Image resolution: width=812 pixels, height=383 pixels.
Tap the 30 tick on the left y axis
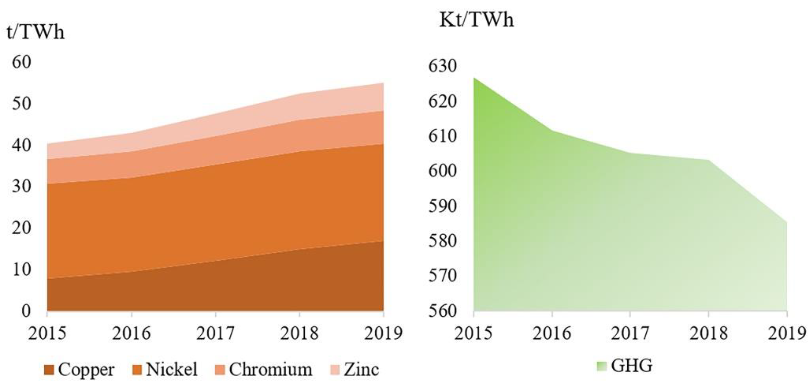[x=22, y=186]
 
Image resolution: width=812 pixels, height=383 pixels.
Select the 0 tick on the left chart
[x=26, y=311]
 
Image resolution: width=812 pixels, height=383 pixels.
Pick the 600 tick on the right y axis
[x=442, y=171]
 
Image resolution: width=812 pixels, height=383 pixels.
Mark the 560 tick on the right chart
[x=442, y=311]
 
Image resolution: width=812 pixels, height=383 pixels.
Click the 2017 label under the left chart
[x=216, y=333]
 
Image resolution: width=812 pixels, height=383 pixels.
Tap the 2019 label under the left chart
[x=383, y=333]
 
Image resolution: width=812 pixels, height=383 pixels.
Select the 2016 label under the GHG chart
[x=552, y=333]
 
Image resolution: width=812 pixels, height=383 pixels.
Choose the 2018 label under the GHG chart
[x=709, y=333]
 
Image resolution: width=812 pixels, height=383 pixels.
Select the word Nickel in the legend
[x=172, y=369]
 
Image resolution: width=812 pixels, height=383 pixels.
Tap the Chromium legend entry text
[x=270, y=369]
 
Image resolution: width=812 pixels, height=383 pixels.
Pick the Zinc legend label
[x=361, y=369]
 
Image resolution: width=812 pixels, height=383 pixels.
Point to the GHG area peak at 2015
[x=474, y=78]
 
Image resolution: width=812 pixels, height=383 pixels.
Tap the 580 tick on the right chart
[x=442, y=241]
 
